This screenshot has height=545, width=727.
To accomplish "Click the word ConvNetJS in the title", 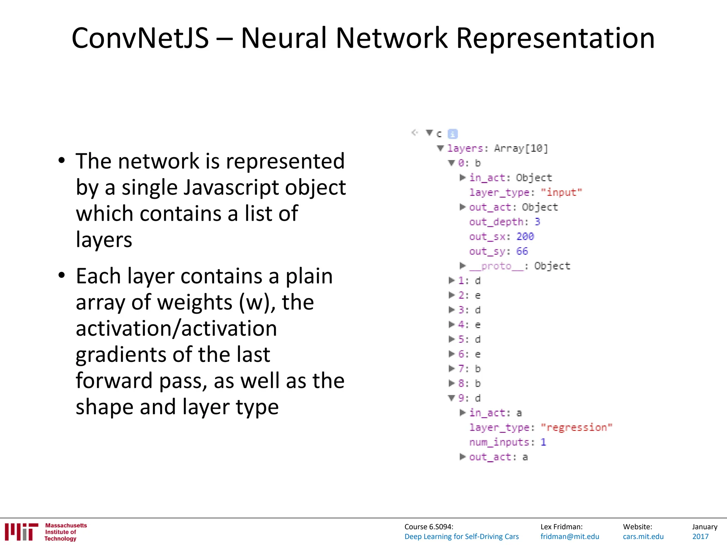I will point(140,38).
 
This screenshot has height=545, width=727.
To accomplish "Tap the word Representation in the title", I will point(555,38).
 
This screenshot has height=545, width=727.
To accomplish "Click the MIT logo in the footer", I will point(21,532).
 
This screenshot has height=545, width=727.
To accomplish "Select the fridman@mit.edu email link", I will point(570,536).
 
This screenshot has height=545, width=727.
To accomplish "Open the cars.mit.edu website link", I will point(643,536).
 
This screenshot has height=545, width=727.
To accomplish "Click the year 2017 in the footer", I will point(700,536).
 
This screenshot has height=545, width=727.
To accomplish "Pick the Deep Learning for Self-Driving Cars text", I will point(461,536).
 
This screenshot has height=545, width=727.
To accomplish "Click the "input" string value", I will point(561,192).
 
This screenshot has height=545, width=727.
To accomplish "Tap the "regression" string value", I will point(576,428).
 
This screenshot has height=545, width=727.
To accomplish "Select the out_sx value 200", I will point(525,236).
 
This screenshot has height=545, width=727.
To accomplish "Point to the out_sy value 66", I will point(522,251).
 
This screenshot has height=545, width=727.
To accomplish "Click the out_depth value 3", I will point(537,222).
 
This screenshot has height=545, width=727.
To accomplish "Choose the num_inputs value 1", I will point(543,442).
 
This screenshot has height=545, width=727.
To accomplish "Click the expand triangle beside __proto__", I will point(463,265).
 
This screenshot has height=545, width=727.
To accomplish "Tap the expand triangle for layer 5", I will point(452,339).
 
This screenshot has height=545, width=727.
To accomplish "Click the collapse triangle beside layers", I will point(441,148).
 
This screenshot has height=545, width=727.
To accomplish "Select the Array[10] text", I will point(521,148).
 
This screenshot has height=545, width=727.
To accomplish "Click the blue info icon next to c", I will point(453,134).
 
